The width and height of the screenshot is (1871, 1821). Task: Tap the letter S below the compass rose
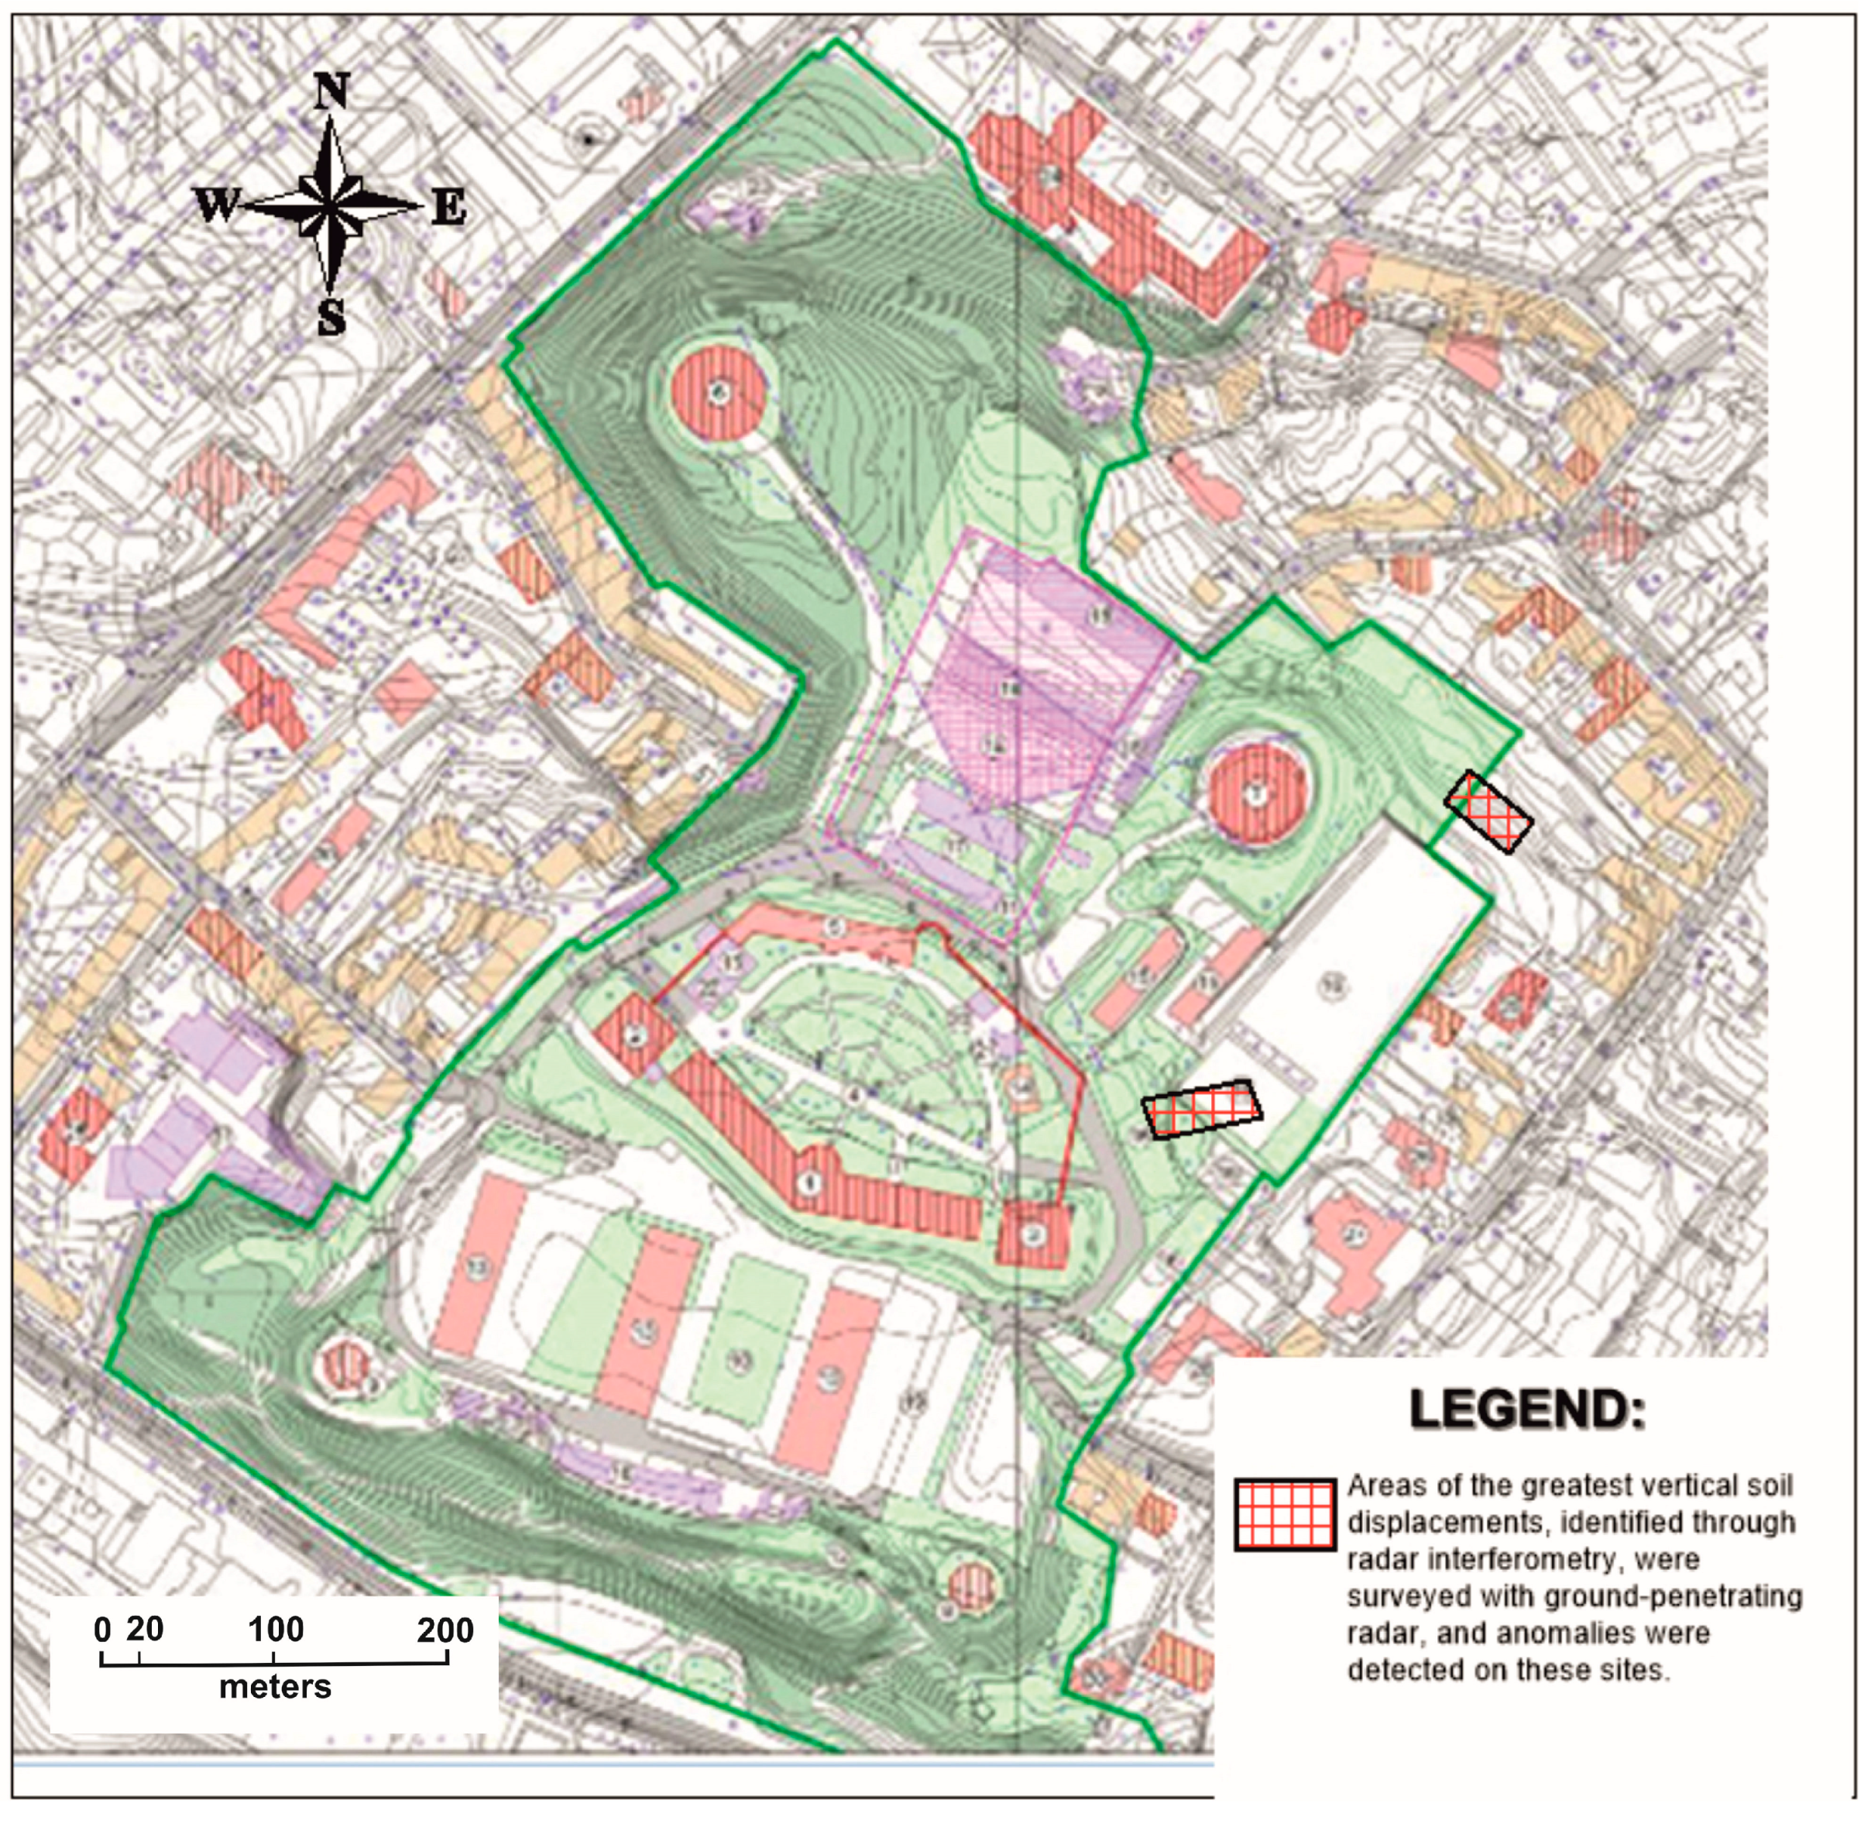pos(331,317)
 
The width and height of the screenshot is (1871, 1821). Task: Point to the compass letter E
pos(448,207)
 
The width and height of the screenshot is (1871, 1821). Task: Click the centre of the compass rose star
pos(330,205)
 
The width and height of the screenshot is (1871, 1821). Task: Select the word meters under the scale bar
pos(276,1686)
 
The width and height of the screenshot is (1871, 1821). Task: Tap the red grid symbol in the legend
pos(1284,1515)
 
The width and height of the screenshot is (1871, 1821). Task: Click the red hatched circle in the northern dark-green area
pos(718,392)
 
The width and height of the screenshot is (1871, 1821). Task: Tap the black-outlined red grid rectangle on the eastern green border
pos(1488,811)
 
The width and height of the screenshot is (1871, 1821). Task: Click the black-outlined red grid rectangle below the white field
pos(1203,1110)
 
